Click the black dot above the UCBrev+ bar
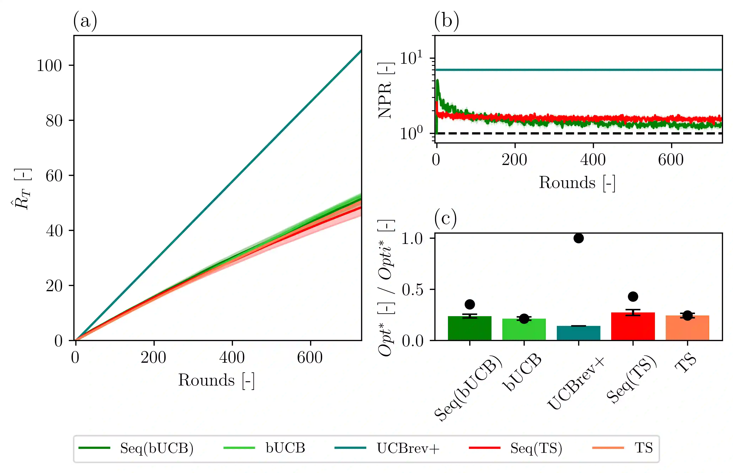tap(578, 238)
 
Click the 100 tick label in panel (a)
tap(49, 65)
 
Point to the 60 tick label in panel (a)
tap(54, 176)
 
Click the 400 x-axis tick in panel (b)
tap(593, 160)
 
